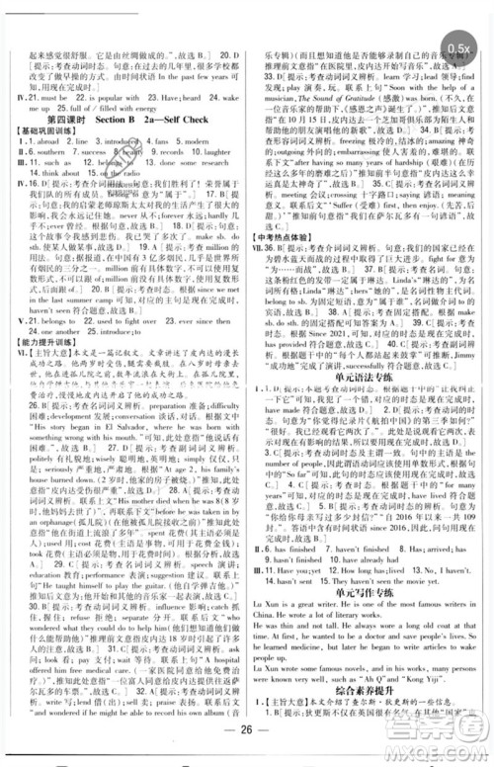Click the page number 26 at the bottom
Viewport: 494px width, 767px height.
248,744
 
